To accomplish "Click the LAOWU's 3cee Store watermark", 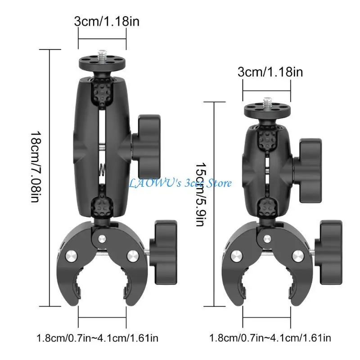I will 180,183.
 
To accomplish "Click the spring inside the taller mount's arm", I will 102,168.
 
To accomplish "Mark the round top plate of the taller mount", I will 102,60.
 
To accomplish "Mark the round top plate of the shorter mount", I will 266,109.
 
